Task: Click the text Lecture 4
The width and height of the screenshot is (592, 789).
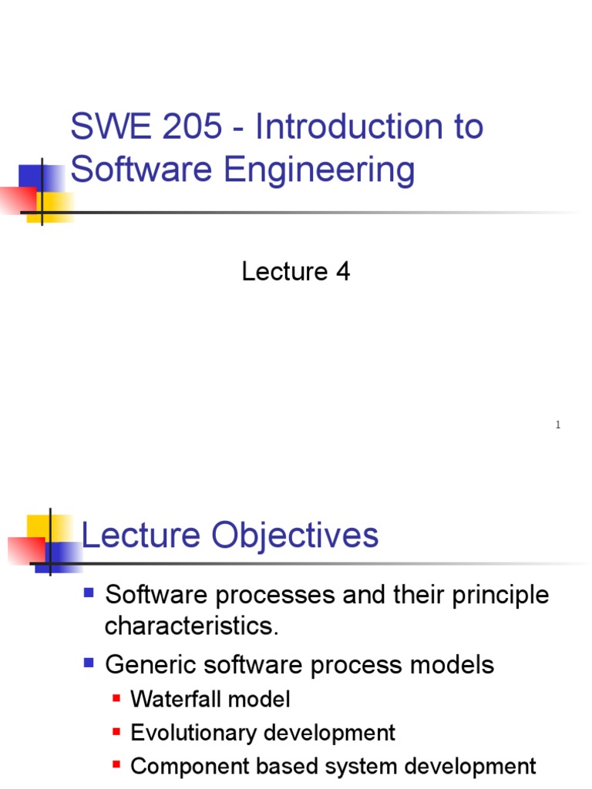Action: tap(296, 271)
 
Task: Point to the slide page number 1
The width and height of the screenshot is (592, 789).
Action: tap(557, 425)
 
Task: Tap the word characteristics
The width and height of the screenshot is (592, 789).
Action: tap(190, 626)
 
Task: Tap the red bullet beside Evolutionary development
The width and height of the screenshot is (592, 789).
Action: tap(116, 731)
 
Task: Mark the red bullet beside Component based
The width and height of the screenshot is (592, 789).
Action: tap(116, 765)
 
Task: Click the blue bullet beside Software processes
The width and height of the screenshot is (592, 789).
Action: tap(89, 593)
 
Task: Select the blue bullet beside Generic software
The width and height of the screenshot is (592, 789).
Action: tap(89, 662)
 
